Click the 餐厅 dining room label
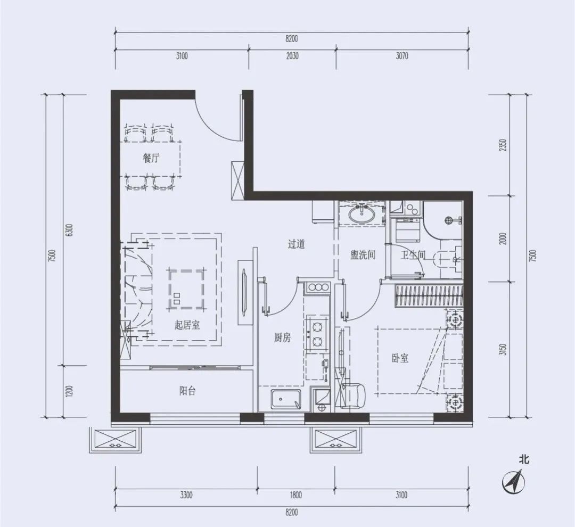click(151, 159)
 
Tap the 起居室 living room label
click(187, 325)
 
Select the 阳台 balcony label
click(187, 391)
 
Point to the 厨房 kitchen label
click(282, 337)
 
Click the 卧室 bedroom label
click(400, 358)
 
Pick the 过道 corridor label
click(297, 244)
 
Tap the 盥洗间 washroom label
click(363, 254)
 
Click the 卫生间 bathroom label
click(413, 254)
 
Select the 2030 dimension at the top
click(292, 56)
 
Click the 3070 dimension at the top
click(402, 56)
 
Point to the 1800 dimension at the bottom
click(295, 495)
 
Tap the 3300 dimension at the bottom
click(186, 495)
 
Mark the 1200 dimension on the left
click(70, 391)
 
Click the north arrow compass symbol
click(513, 481)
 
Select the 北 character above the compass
click(524, 459)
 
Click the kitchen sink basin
click(286, 399)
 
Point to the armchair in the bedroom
click(353, 396)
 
